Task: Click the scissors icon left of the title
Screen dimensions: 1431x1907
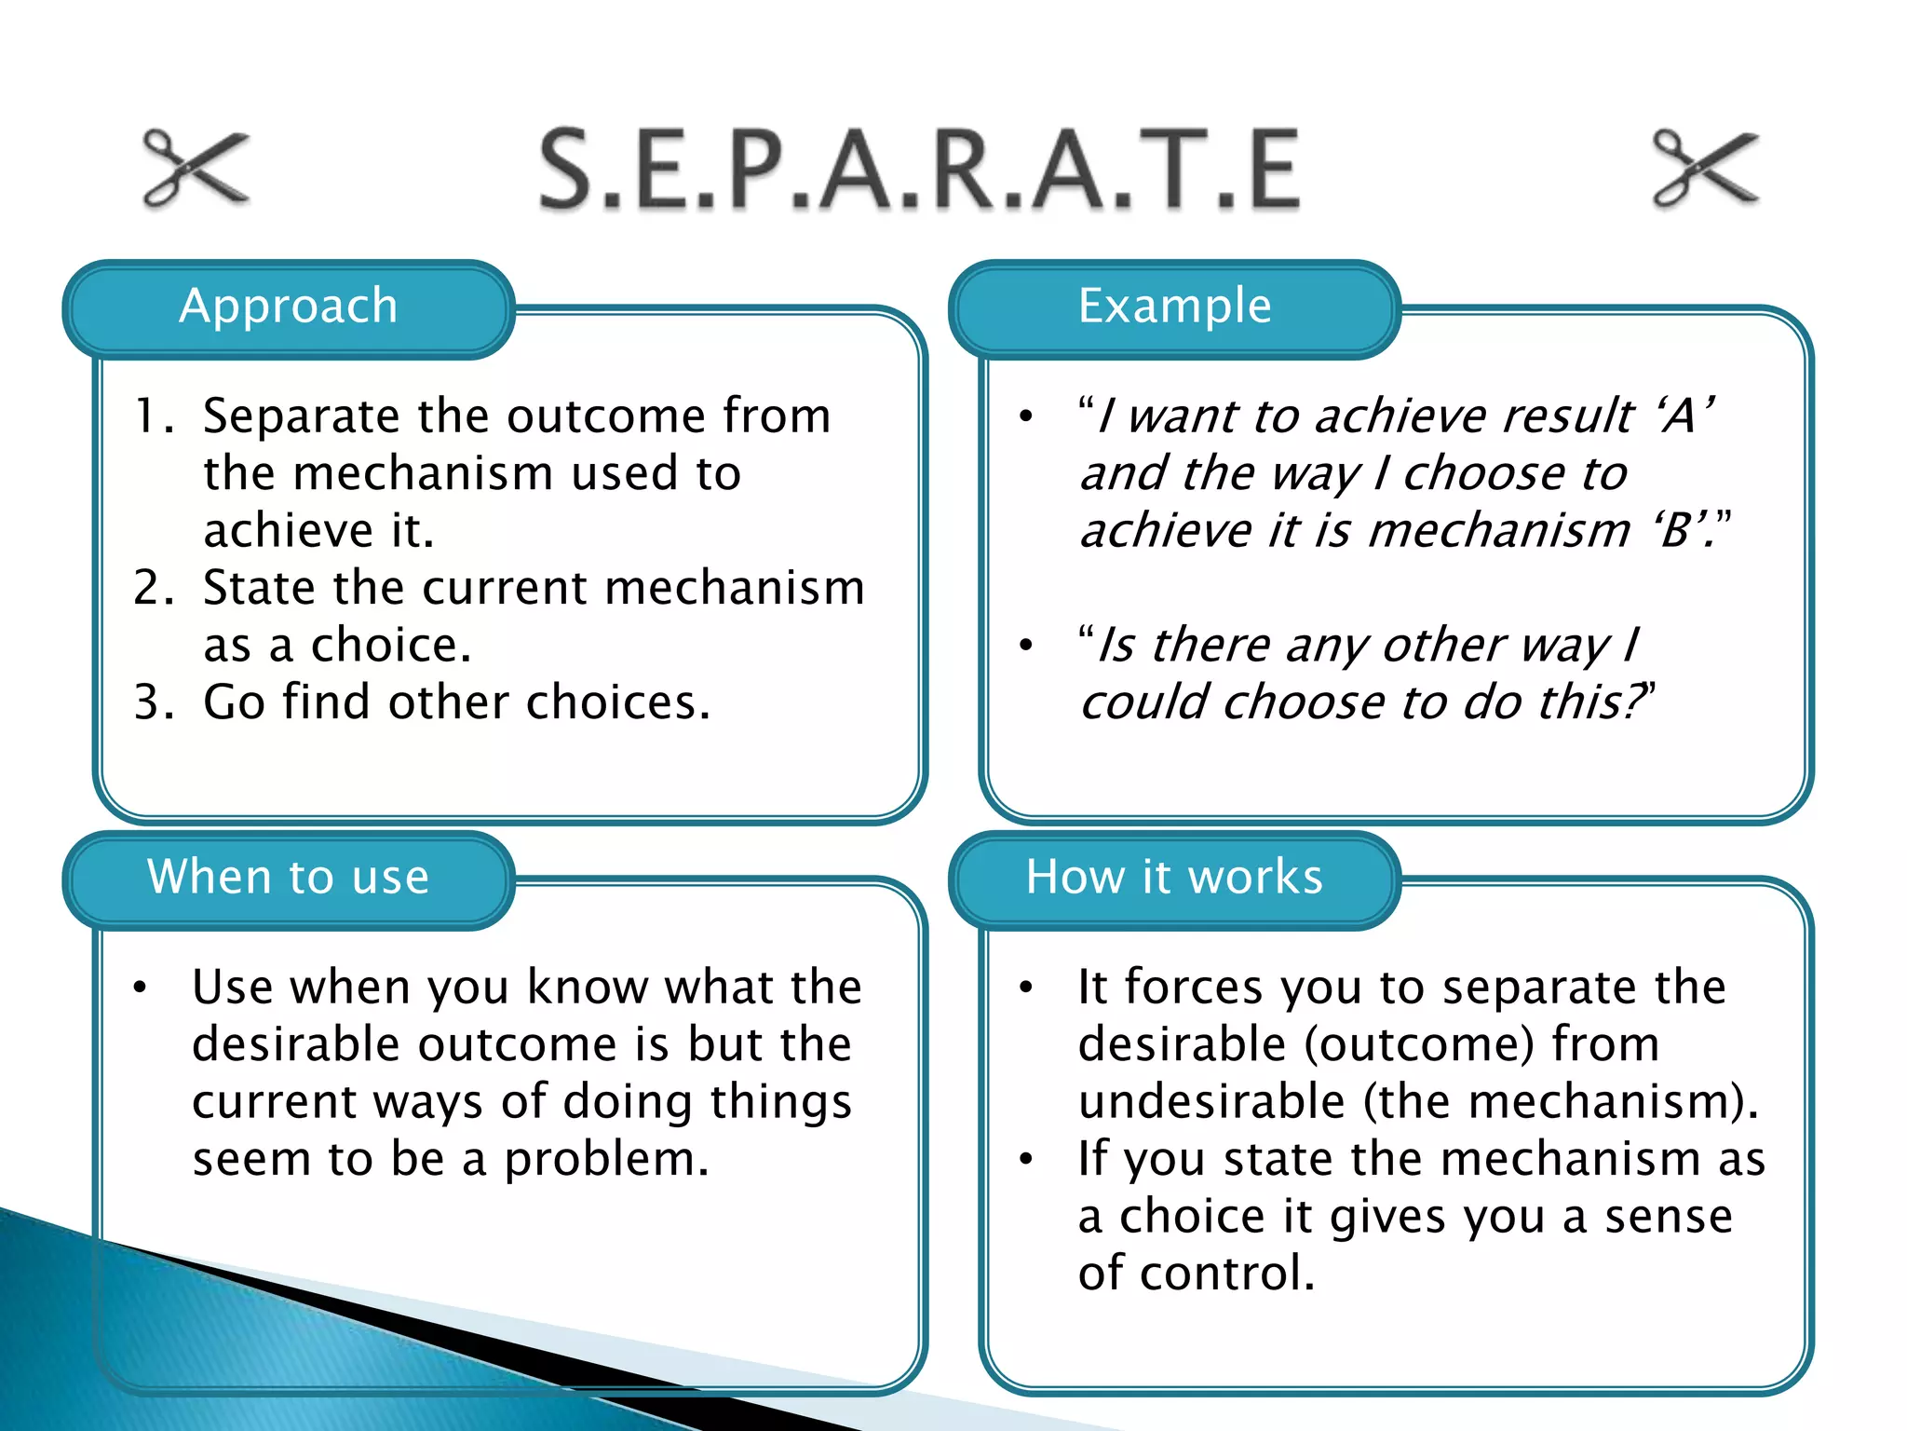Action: point(196,168)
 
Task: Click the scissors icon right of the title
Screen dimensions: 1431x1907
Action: point(1706,168)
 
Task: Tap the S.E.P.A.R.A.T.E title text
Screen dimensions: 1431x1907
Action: point(919,170)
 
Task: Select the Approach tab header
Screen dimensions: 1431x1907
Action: point(289,307)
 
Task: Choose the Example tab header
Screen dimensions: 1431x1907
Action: point(1174,307)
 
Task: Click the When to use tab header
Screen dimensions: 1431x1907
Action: point(289,878)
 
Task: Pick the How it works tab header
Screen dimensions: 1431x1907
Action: point(1174,878)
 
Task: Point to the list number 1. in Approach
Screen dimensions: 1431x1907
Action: point(155,416)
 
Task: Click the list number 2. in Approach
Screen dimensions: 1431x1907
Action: point(155,589)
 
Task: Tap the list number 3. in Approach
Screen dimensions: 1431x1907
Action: point(155,703)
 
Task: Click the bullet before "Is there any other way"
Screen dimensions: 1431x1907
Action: point(1026,646)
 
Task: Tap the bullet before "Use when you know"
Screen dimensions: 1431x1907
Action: point(140,988)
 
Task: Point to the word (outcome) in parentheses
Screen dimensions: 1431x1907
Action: point(1418,1045)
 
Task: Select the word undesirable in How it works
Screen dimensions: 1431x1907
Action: point(1211,1102)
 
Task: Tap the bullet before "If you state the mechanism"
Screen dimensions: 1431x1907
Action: point(1026,1160)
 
